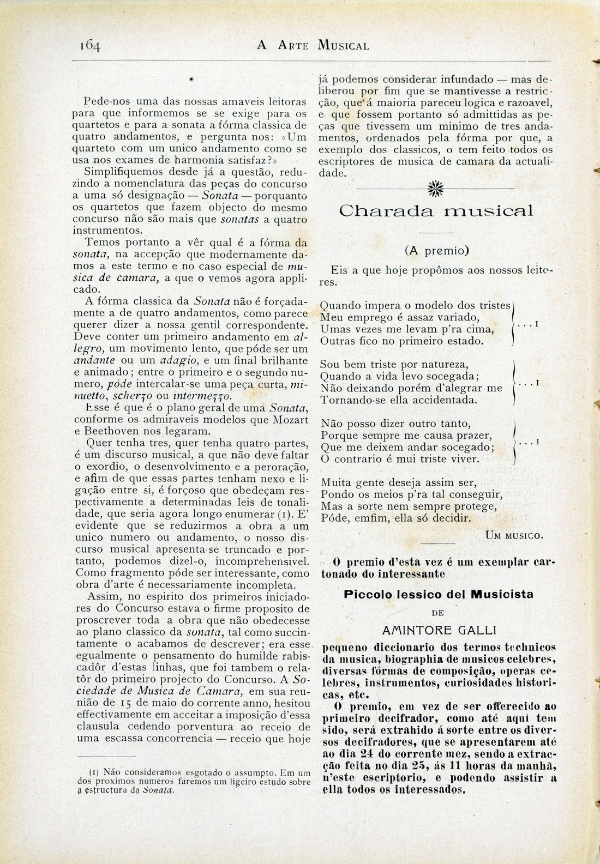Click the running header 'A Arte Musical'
point(313,45)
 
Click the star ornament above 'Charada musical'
point(435,188)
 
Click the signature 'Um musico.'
point(514,535)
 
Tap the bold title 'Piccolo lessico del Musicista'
point(439,594)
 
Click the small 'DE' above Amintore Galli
point(438,613)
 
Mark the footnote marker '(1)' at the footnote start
point(93,772)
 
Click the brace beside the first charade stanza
point(514,325)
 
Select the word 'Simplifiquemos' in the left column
point(121,172)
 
